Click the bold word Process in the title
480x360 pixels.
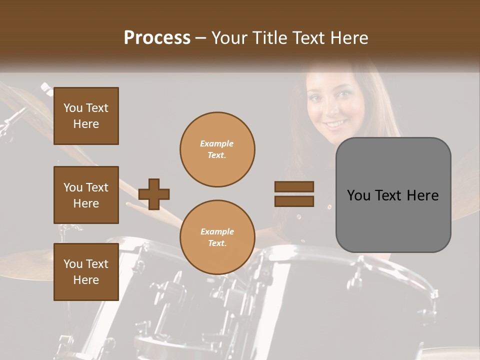(x=157, y=38)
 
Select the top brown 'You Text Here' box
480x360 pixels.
(x=86, y=116)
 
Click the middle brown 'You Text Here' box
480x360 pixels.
(x=86, y=195)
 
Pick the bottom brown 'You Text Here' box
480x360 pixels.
(x=86, y=272)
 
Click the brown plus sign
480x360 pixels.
(x=154, y=194)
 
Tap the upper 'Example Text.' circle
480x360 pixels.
(x=217, y=149)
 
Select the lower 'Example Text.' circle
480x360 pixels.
(x=217, y=237)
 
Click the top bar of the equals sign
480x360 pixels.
(x=294, y=187)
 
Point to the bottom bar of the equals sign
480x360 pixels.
(x=294, y=201)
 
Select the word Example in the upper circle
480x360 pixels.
(x=217, y=143)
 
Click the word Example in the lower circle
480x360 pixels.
(x=217, y=231)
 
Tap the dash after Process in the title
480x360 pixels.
(x=201, y=38)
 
